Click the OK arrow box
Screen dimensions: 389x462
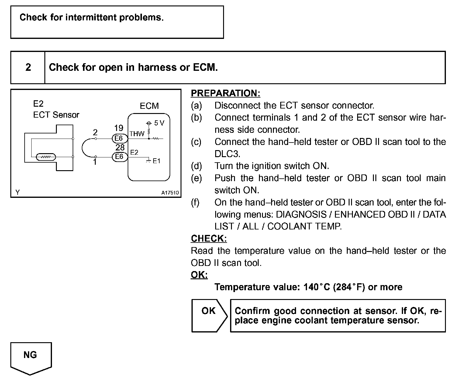209,315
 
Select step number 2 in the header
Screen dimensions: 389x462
28,67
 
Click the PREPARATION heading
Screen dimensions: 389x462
225,93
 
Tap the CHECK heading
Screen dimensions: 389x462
209,239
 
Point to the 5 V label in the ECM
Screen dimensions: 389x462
159,123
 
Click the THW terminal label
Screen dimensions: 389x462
137,134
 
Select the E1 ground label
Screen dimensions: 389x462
157,161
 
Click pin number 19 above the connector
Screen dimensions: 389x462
119,128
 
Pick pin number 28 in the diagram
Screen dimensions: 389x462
120,147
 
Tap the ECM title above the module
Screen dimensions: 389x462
149,106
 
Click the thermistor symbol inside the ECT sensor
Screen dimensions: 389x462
46,157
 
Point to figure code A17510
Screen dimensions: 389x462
170,193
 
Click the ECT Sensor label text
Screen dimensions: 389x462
56,115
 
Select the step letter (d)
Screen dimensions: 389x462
196,166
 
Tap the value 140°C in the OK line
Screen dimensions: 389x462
316,287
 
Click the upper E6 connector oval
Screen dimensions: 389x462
119,139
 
